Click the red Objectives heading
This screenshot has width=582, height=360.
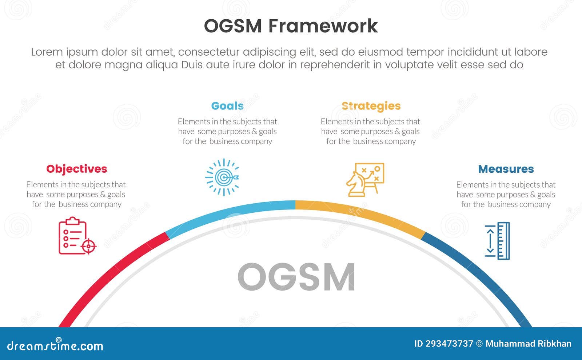[76, 169]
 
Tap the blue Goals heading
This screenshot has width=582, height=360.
[227, 106]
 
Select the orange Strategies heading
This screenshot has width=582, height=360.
[371, 106]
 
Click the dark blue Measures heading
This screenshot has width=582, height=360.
[506, 169]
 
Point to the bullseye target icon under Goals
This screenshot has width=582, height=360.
[222, 177]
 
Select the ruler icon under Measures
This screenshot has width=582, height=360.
[498, 241]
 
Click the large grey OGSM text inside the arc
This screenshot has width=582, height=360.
[296, 277]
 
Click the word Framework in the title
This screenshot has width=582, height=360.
[323, 26]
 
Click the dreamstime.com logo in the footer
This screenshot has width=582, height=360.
[55, 345]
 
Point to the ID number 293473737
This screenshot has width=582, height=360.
[449, 344]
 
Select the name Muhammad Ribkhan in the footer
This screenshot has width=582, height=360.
[528, 344]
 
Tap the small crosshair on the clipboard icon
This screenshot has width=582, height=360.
[88, 246]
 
